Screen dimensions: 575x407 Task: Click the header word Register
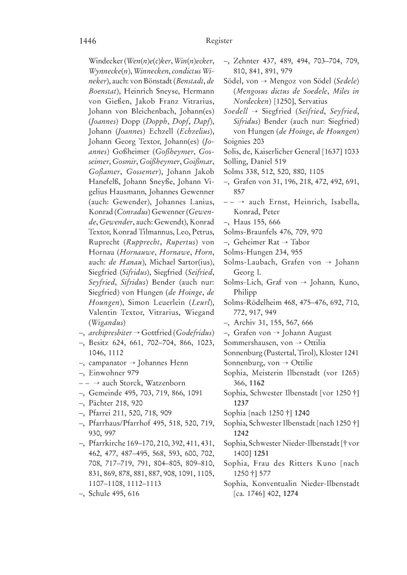click(x=219, y=41)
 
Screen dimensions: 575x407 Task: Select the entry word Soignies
click(x=238, y=141)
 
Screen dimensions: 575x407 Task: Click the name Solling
click(x=236, y=161)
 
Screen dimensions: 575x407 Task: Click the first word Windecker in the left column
click(x=108, y=61)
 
